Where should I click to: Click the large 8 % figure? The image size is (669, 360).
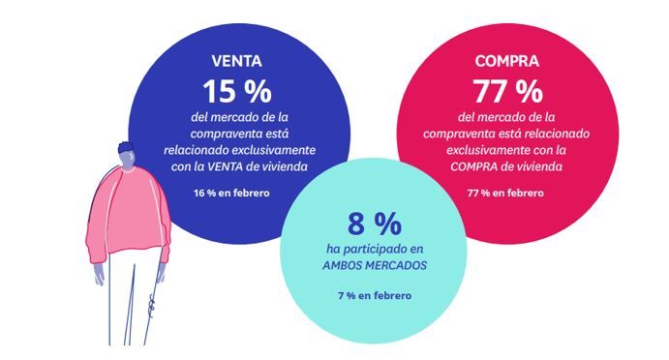pyautogui.click(x=374, y=225)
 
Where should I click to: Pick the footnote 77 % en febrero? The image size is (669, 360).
pyautogui.click(x=506, y=193)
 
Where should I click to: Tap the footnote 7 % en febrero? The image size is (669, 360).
pyautogui.click(x=374, y=294)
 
